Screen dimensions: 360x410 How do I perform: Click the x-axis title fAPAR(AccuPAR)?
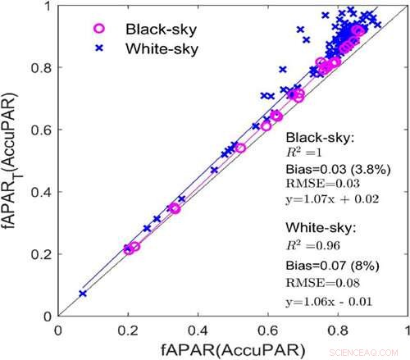coord(233,349)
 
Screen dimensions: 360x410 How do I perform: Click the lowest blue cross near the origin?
coord(82,293)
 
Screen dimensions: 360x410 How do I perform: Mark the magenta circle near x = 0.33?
coord(174,208)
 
